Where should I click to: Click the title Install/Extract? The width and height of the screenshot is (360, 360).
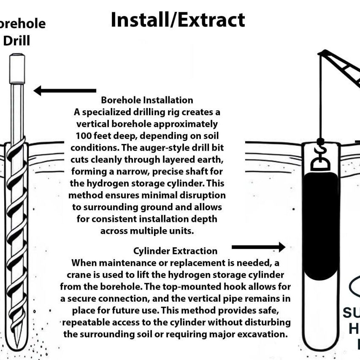tap(178, 20)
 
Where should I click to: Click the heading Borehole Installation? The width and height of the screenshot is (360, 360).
tap(147, 100)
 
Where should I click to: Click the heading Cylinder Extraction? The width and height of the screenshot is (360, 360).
tap(175, 251)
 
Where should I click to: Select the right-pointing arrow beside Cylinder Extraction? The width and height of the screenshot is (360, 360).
tap(258, 247)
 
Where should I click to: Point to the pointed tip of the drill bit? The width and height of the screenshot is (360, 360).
tap(17, 344)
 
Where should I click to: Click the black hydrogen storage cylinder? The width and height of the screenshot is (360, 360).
tap(322, 228)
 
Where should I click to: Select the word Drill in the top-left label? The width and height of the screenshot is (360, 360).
tap(17, 41)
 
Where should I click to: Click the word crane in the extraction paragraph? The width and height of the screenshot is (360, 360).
tap(78, 275)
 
